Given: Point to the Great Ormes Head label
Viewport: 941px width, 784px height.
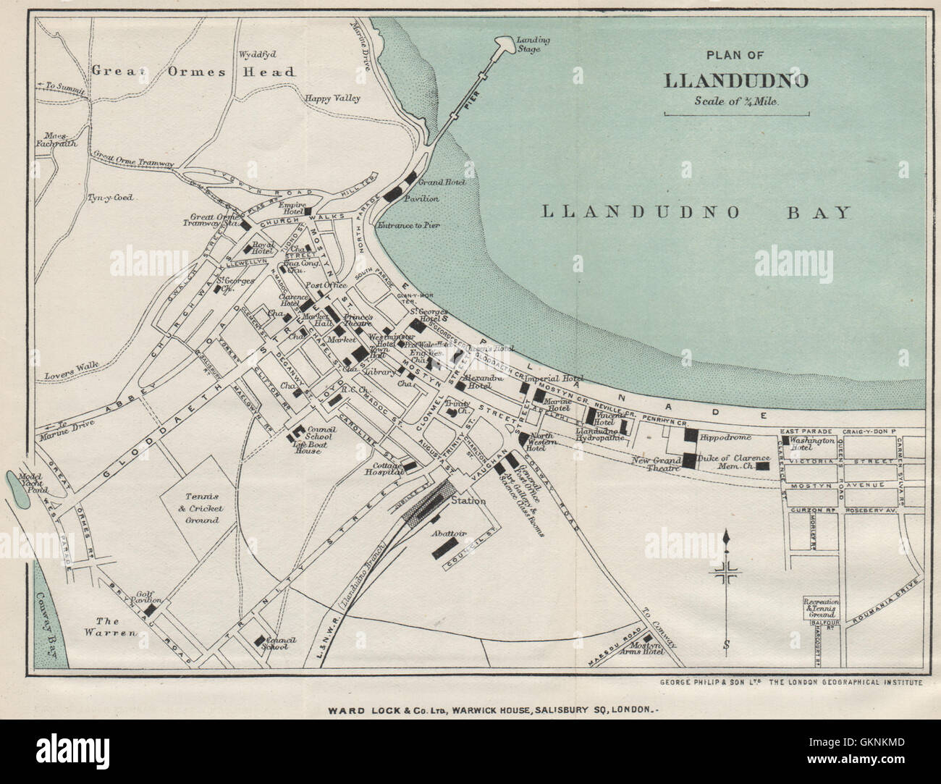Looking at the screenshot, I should (x=193, y=71).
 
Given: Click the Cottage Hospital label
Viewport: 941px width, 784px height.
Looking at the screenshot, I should (x=388, y=468).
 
